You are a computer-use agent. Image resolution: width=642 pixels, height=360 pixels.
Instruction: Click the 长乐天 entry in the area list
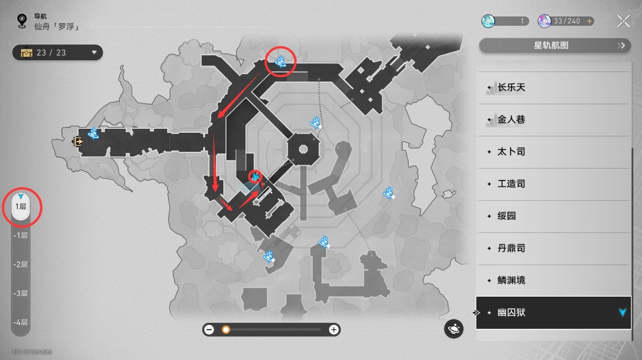pyautogui.click(x=553, y=87)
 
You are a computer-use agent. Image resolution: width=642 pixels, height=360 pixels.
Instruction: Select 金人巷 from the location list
pyautogui.click(x=553, y=120)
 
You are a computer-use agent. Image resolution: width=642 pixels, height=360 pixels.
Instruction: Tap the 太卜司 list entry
pyautogui.click(x=553, y=152)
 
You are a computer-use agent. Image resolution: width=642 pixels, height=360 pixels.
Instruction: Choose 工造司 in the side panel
pyautogui.click(x=553, y=184)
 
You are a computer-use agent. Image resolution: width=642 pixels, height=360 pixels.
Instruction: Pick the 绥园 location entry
pyautogui.click(x=553, y=216)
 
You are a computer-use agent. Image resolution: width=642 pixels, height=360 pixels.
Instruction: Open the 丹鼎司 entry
pyautogui.click(x=553, y=248)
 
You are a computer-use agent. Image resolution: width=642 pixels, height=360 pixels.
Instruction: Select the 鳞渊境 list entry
pyautogui.click(x=553, y=281)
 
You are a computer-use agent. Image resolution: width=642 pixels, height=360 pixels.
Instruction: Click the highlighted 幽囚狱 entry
pyautogui.click(x=553, y=313)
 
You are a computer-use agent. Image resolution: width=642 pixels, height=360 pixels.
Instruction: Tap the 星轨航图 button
pyautogui.click(x=554, y=46)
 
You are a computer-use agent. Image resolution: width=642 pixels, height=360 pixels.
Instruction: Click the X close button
pyautogui.click(x=623, y=21)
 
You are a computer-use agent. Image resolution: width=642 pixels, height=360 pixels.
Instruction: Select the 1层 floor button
pyautogui.click(x=21, y=207)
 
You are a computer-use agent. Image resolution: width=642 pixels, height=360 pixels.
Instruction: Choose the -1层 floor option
pyautogui.click(x=21, y=235)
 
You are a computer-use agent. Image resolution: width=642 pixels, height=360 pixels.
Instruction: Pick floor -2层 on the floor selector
pyautogui.click(x=21, y=264)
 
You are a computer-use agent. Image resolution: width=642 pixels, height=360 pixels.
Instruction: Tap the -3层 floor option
pyautogui.click(x=21, y=294)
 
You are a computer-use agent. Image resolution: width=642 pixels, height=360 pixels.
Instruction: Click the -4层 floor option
pyautogui.click(x=21, y=323)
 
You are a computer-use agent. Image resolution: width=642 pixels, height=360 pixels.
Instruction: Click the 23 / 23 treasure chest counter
pyautogui.click(x=58, y=52)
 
